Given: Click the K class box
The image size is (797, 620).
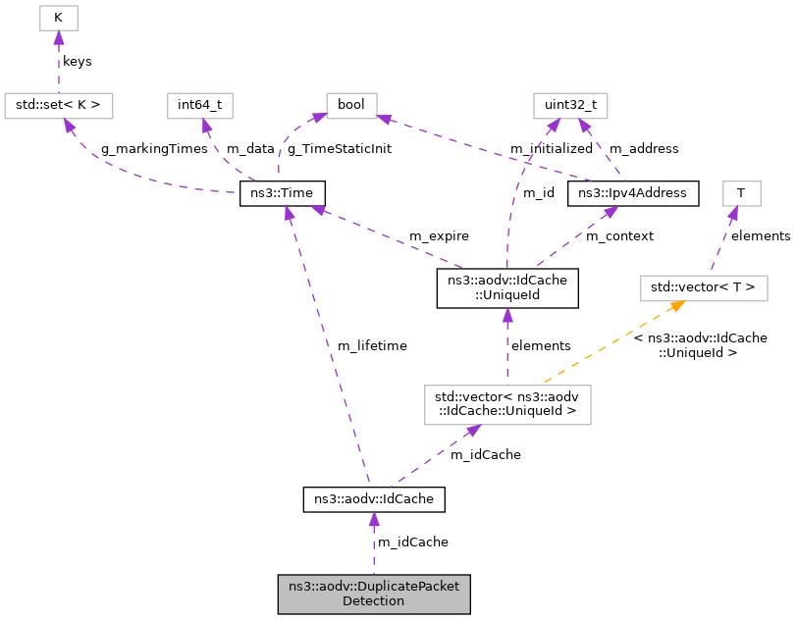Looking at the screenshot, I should click(x=58, y=18).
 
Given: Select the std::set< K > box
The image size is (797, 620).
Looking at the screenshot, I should click(x=59, y=104).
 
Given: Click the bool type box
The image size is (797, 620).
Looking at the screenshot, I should click(x=350, y=104).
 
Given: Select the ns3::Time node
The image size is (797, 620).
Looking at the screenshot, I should click(x=283, y=192).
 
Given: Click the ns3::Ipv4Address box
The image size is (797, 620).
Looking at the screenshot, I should click(x=633, y=192).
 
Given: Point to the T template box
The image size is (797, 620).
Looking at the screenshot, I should click(x=741, y=192).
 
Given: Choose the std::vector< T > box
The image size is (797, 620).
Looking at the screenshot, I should click(x=703, y=287).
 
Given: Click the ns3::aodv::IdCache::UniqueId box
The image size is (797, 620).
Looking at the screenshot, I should click(x=506, y=286).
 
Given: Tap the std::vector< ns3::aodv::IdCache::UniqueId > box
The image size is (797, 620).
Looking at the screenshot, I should click(x=506, y=404).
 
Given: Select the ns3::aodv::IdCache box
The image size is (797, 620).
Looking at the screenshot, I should click(x=374, y=499).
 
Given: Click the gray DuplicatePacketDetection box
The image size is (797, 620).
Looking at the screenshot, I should click(x=374, y=594).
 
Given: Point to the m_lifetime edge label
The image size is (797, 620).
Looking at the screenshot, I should click(x=372, y=345).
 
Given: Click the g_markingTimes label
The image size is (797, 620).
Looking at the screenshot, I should click(x=155, y=149).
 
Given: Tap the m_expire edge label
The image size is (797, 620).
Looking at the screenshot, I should click(x=439, y=236).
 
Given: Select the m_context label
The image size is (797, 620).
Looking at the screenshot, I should click(x=621, y=236).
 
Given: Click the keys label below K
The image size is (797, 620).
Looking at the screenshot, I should click(x=77, y=61).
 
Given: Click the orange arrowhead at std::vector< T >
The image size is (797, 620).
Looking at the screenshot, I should click(x=676, y=306).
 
